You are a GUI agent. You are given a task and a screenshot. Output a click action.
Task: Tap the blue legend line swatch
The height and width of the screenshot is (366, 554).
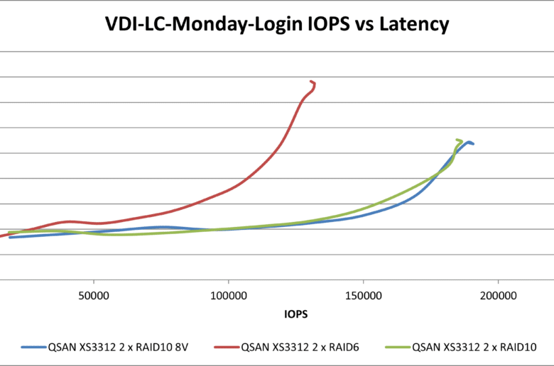[33, 348]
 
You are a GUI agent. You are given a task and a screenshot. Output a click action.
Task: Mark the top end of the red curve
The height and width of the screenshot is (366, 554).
[312, 82]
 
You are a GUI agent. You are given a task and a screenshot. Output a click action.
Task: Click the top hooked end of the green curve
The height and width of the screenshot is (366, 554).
[458, 140]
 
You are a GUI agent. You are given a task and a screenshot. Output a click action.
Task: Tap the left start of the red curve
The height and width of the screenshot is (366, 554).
[2, 235]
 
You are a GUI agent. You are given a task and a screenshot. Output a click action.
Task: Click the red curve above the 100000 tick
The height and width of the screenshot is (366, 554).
[229, 189]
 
